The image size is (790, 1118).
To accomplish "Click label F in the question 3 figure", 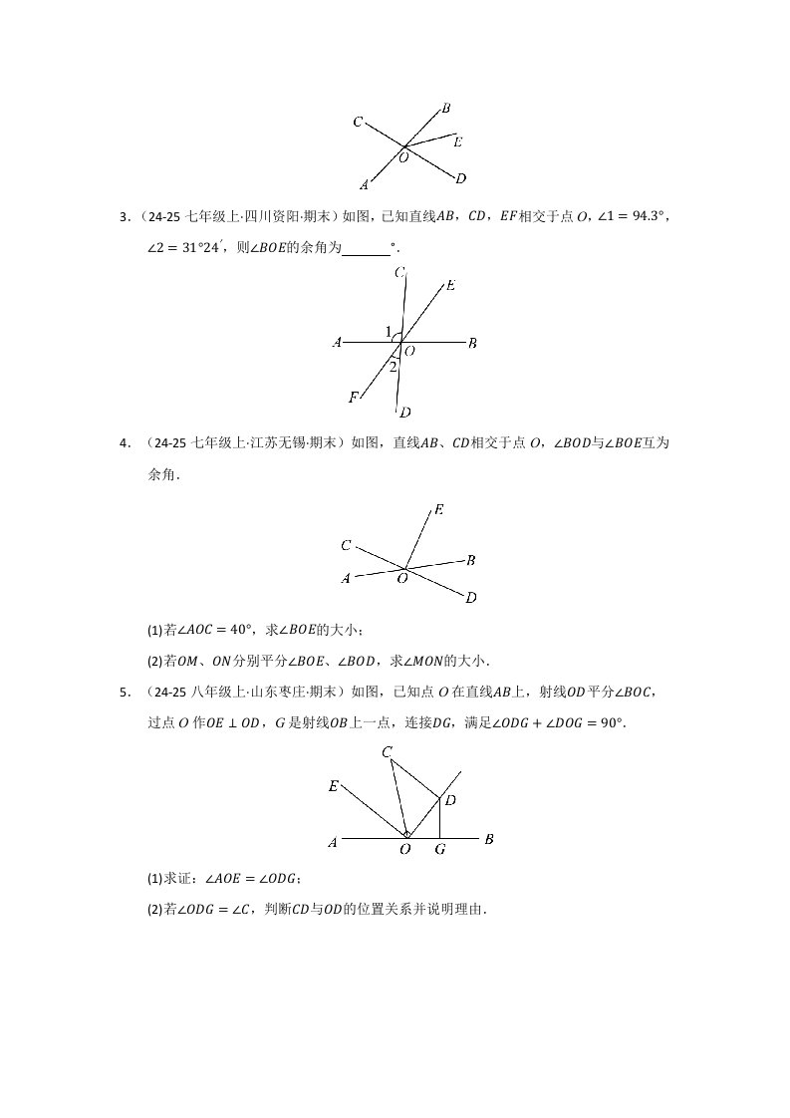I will point(354,398).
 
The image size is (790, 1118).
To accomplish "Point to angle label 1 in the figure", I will point(389,331).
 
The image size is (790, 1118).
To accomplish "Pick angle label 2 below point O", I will point(394,367).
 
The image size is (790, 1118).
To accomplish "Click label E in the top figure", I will point(457,142).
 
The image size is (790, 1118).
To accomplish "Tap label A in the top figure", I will point(365,184).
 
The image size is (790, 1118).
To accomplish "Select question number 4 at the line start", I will point(124,442).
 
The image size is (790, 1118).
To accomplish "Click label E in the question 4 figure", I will point(438,510).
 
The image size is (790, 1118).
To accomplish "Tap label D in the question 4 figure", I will point(471,598).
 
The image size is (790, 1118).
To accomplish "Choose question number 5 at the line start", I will point(124,692).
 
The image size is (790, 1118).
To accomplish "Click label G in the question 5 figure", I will point(439,850).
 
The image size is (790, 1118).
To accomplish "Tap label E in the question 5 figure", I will point(334,786).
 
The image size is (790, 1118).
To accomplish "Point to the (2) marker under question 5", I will point(154,909).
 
